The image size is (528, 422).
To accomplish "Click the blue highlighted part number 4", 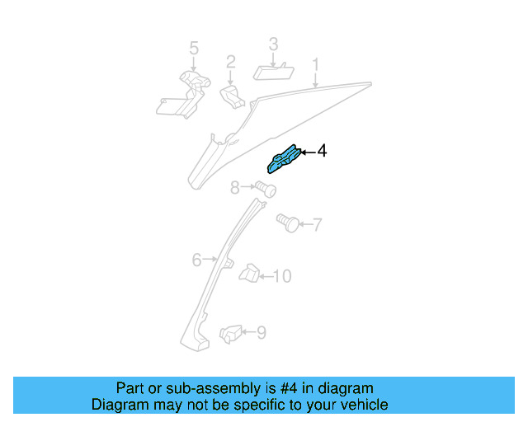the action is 283,159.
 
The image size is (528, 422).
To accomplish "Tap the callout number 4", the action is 322,151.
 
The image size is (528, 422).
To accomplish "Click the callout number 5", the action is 194,48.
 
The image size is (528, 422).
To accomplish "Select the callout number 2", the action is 231,63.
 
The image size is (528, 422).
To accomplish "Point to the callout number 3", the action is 273,44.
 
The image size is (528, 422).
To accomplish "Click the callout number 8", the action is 234,187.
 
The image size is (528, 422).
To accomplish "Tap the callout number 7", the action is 317,224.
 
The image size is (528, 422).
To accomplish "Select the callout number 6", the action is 196,260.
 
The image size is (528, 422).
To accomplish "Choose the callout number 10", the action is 282,276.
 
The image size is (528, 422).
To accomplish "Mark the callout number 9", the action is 262,332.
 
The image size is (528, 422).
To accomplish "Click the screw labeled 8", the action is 266,189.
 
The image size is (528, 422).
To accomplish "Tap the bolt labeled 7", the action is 288,223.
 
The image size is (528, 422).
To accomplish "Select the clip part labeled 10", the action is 249,273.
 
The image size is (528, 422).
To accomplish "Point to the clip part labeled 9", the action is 231,334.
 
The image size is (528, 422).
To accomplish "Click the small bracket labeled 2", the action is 232,97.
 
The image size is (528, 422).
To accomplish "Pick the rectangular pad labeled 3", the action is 273,72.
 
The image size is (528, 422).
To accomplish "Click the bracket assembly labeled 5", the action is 184,95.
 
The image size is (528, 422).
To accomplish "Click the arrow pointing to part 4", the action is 308,152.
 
